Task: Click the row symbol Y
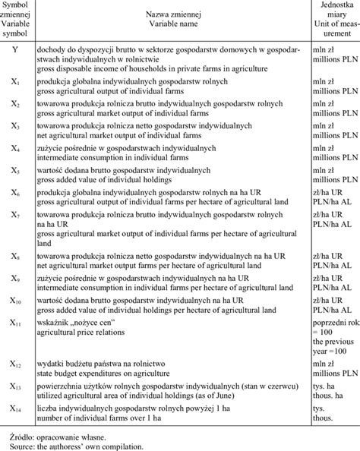[x=16, y=49]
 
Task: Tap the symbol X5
[x=17, y=172]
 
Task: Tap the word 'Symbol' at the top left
[x=17, y=5]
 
